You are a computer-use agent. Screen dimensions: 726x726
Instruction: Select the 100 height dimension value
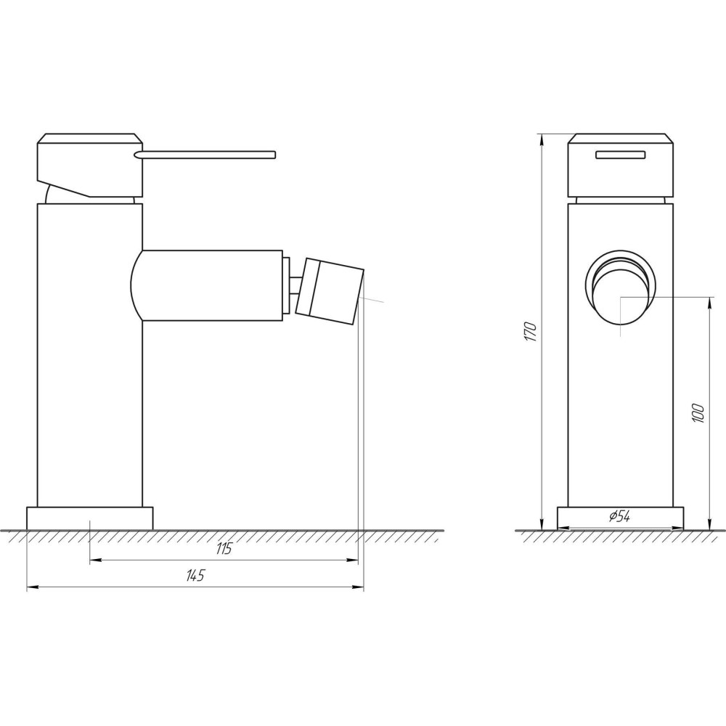point(698,413)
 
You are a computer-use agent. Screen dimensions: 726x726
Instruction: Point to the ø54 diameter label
point(619,516)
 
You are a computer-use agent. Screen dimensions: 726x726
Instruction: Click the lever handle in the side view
point(211,153)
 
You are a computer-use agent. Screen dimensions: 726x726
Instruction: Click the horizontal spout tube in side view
point(211,285)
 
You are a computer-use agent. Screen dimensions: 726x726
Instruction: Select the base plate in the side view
point(90,518)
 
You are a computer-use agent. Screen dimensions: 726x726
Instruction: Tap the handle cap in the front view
point(621,166)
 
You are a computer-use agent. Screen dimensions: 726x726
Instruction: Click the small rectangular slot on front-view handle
point(621,153)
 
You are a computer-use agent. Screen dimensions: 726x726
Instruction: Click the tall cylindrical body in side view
point(89,363)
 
